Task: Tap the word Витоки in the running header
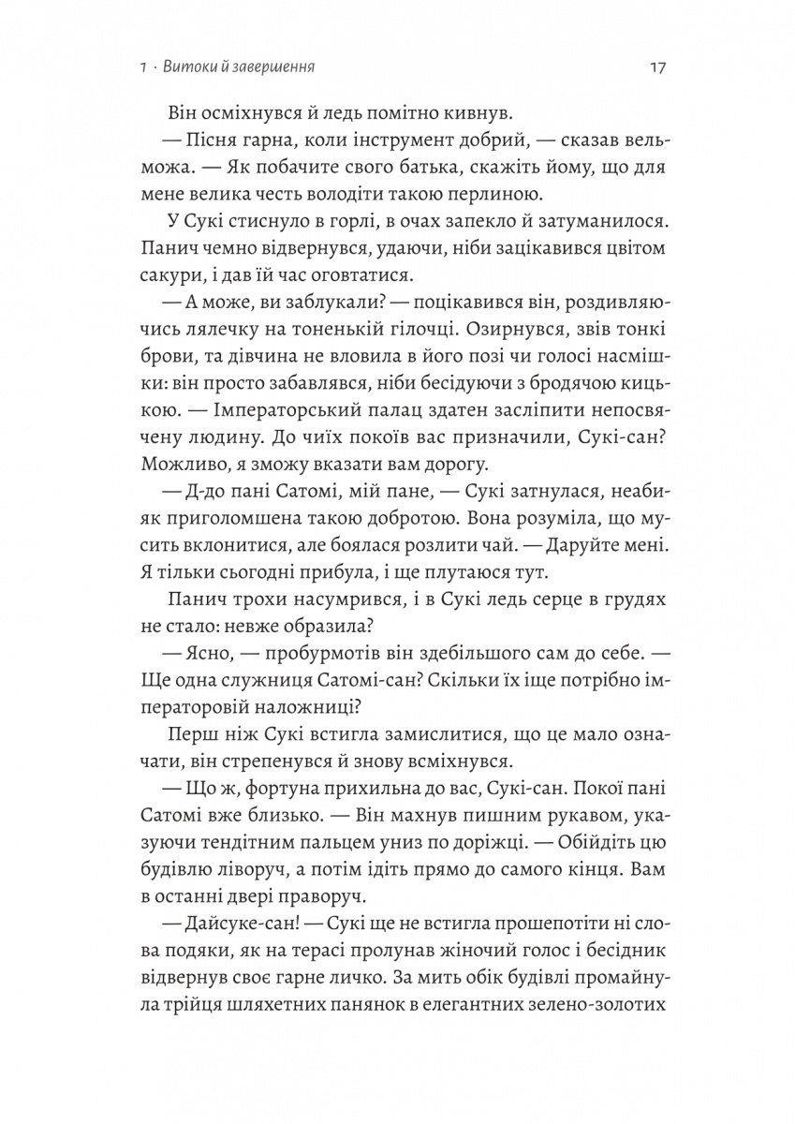(185, 67)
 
